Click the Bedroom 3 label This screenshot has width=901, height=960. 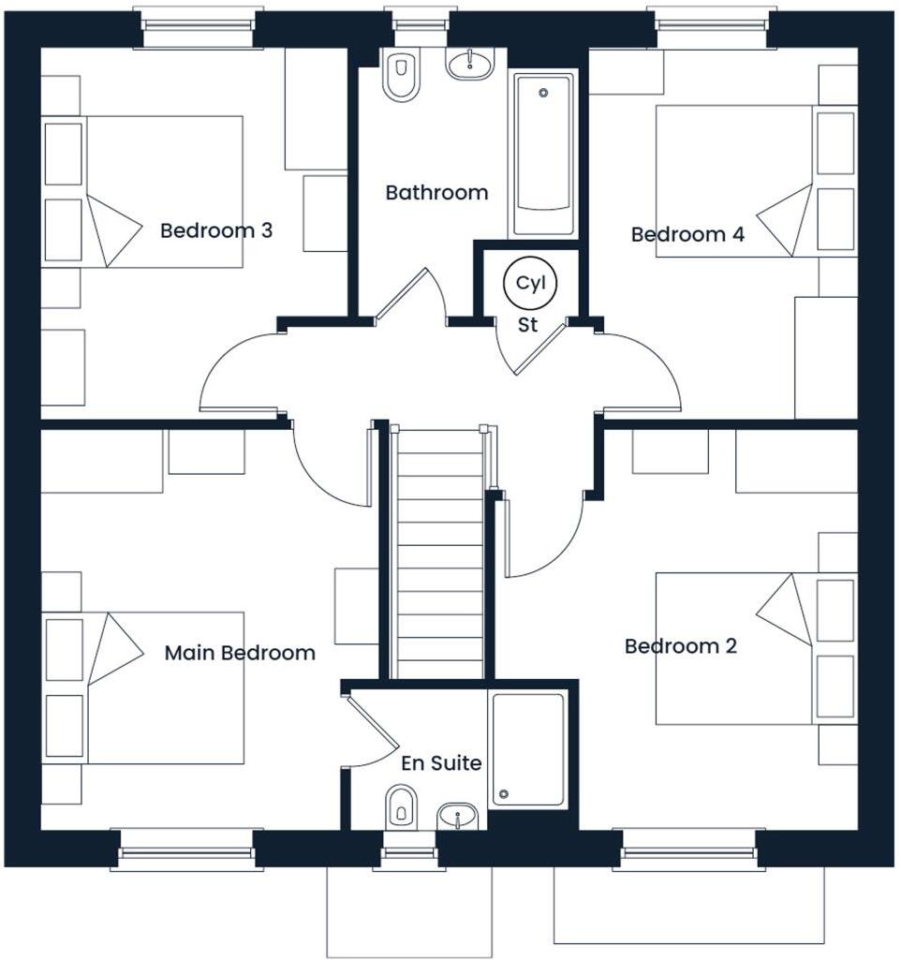coord(216,230)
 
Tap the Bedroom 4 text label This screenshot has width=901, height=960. coord(687,234)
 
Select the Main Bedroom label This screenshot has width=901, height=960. coord(240,653)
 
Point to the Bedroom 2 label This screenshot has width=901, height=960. coord(681,646)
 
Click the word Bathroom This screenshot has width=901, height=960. coord(436,193)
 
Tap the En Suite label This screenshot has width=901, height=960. coord(441,763)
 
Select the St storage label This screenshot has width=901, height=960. coord(528,326)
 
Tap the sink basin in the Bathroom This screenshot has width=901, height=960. coord(469,64)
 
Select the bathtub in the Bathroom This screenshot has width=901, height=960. coord(542,155)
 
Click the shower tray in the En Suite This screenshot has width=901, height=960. coord(528,749)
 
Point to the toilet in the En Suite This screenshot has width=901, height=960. coord(401,805)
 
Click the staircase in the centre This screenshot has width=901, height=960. coord(440,553)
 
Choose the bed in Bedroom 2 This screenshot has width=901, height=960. coord(735,648)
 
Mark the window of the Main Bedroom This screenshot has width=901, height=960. coord(185,849)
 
